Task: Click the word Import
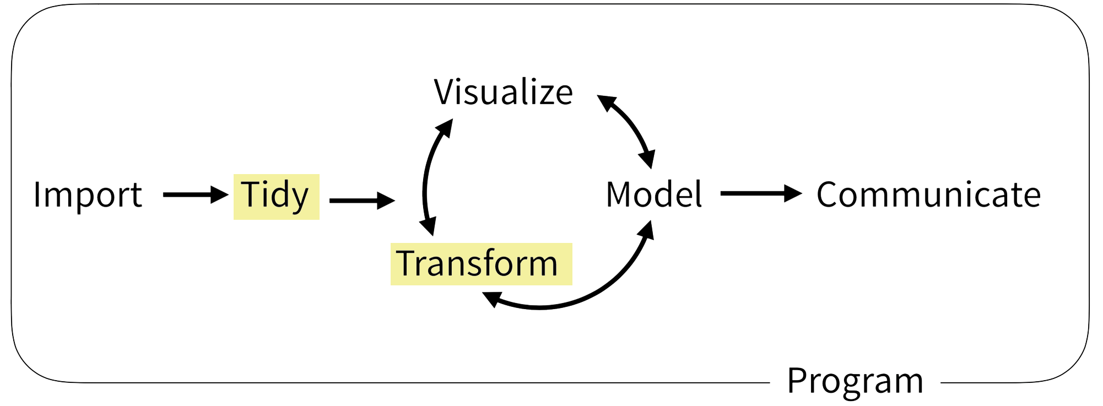tap(88, 195)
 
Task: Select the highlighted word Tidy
tap(275, 196)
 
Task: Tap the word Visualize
tap(503, 92)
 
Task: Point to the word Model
tap(654, 194)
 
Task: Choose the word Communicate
tap(928, 194)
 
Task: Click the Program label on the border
tap(855, 381)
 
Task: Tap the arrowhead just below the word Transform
tap(492, 299)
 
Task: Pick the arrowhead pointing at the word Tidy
tap(220, 194)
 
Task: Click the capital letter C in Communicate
tap(829, 194)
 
